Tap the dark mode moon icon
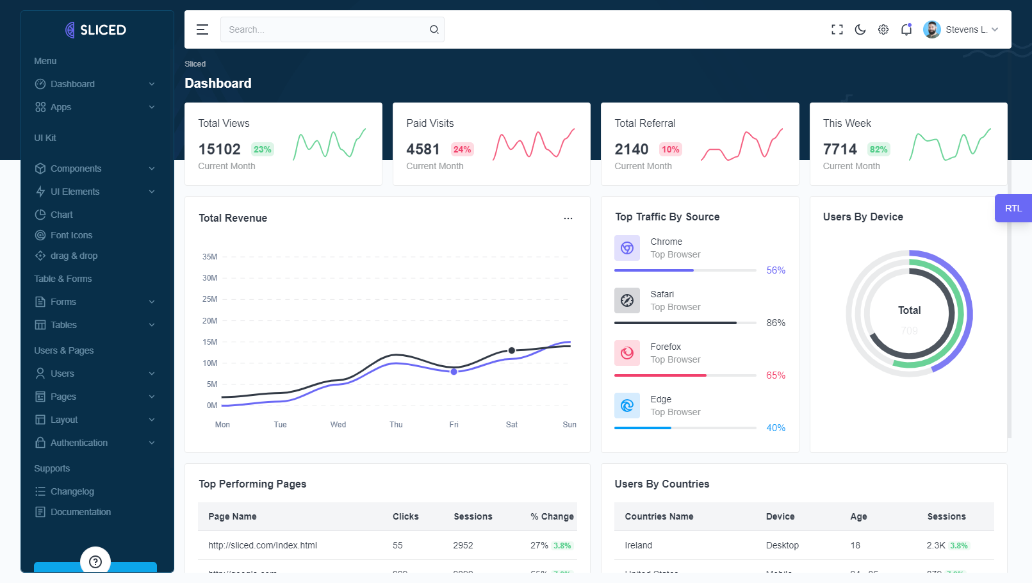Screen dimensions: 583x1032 [860, 29]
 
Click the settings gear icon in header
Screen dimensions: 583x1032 [883, 29]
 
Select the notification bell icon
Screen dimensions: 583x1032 [906, 29]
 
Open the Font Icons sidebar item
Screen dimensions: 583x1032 [71, 235]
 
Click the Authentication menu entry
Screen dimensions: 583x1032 [79, 443]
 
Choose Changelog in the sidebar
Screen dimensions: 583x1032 [72, 491]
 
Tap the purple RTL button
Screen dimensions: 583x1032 [1013, 208]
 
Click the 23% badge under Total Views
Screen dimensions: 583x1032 [262, 149]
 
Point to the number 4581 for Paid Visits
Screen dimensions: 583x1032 [423, 149]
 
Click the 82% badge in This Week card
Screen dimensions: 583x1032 [878, 149]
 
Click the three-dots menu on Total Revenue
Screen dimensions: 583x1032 [568, 218]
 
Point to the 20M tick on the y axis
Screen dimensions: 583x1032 [210, 321]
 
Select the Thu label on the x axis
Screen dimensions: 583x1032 [396, 425]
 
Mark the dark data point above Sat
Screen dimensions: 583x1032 [512, 350]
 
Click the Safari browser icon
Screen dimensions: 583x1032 [627, 300]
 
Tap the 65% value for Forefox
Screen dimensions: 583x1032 [776, 375]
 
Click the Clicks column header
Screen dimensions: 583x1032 [405, 516]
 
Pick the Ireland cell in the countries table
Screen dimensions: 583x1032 [639, 545]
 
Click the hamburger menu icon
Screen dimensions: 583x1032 [202, 29]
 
